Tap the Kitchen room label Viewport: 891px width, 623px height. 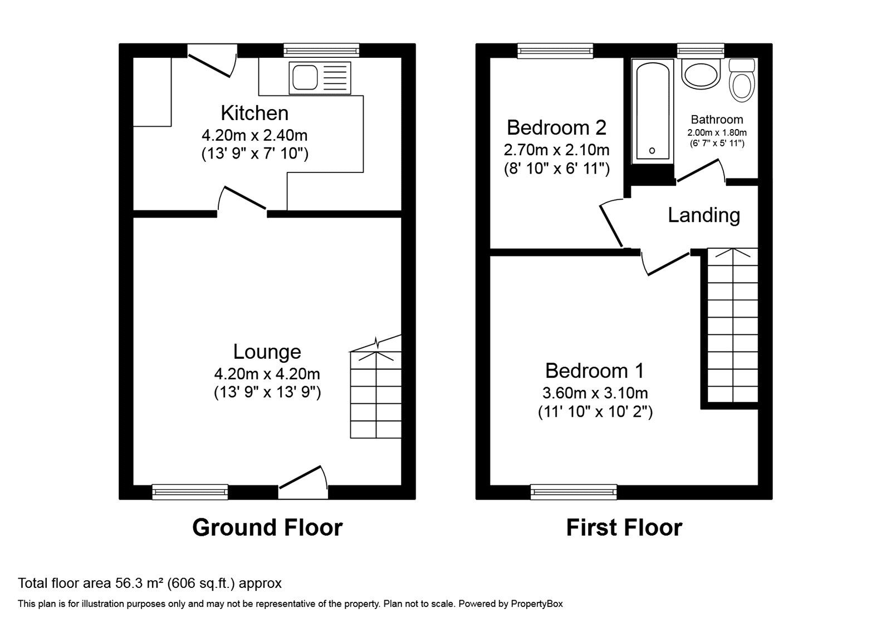point(254,113)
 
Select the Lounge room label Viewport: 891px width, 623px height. point(267,352)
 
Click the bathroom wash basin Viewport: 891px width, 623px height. point(701,75)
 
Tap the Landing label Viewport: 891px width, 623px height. point(704,215)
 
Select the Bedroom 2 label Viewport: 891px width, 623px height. point(556,127)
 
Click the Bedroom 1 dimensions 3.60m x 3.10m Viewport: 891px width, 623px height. point(595,393)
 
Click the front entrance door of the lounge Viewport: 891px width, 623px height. point(303,478)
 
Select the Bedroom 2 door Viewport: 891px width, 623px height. point(611,225)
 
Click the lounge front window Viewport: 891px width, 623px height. point(190,492)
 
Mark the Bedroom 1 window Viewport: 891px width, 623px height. point(574,492)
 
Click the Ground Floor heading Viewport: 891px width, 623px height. point(267,527)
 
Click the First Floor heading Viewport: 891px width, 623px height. point(624,527)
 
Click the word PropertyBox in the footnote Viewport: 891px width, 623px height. point(537,604)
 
